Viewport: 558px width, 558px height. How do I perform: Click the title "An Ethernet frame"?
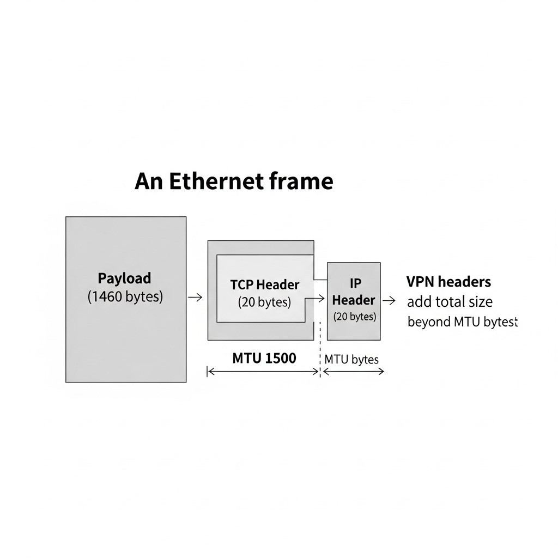tap(234, 181)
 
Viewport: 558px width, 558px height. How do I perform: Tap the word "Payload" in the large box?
tap(125, 278)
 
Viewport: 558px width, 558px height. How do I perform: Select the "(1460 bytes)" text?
tap(125, 296)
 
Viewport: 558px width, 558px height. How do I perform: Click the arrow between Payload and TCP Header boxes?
tap(195, 297)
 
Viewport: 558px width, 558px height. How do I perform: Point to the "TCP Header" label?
tap(265, 284)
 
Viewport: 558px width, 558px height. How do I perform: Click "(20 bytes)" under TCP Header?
tap(264, 302)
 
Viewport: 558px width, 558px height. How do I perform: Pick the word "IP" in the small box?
tap(355, 283)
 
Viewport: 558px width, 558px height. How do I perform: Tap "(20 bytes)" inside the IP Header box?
tap(355, 317)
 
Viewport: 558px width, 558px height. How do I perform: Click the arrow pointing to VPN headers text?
tap(389, 300)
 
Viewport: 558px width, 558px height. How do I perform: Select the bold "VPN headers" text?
tap(449, 282)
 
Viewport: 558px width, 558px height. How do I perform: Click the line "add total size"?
tap(450, 302)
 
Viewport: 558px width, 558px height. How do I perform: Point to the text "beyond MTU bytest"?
tap(462, 322)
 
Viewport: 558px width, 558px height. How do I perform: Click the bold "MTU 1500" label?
tap(264, 358)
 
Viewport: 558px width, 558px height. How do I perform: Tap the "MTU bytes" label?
tap(351, 360)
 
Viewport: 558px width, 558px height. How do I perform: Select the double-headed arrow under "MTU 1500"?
tap(263, 372)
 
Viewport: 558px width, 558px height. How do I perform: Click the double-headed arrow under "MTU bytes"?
tap(353, 372)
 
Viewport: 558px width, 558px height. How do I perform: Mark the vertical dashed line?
tap(320, 349)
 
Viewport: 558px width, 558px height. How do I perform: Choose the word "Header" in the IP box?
tap(354, 300)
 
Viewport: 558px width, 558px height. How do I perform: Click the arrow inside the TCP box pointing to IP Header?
tap(314, 298)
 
